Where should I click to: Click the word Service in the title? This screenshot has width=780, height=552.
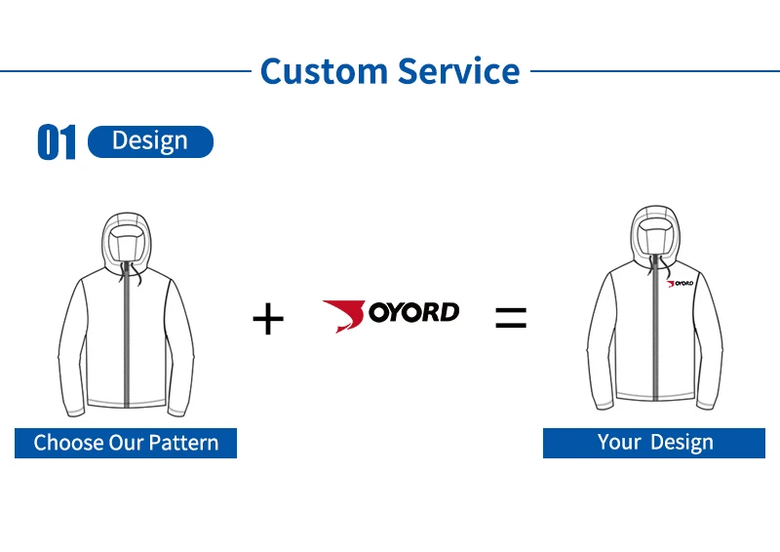(x=457, y=71)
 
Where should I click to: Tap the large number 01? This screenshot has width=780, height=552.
(x=57, y=142)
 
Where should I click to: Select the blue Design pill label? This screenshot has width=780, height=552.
(x=150, y=141)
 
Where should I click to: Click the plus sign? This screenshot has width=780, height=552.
(x=268, y=318)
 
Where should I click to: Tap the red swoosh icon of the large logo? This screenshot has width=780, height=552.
(x=343, y=314)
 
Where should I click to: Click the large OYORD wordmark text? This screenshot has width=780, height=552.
(x=413, y=312)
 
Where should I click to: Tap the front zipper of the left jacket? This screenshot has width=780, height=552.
(x=126, y=341)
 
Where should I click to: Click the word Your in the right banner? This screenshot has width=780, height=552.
(x=619, y=443)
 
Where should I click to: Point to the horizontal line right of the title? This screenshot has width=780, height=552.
(x=653, y=70)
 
